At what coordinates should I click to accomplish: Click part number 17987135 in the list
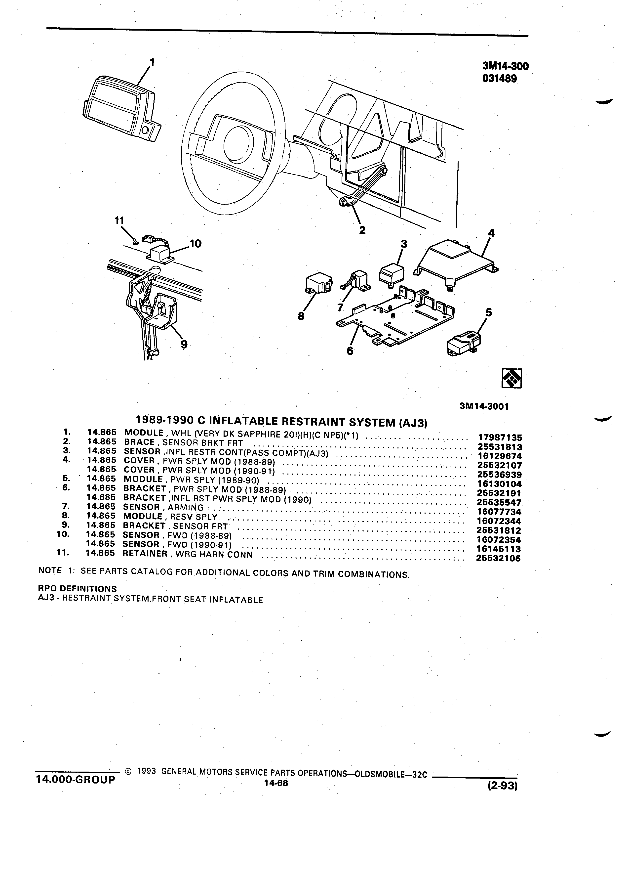point(500,437)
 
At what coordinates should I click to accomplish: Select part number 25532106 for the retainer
point(499,558)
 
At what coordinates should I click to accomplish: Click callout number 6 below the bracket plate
point(350,351)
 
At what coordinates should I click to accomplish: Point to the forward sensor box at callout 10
point(160,254)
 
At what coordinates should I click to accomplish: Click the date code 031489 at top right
point(499,78)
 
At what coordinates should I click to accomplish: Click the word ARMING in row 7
point(185,508)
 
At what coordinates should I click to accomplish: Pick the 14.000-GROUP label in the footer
point(75,779)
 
